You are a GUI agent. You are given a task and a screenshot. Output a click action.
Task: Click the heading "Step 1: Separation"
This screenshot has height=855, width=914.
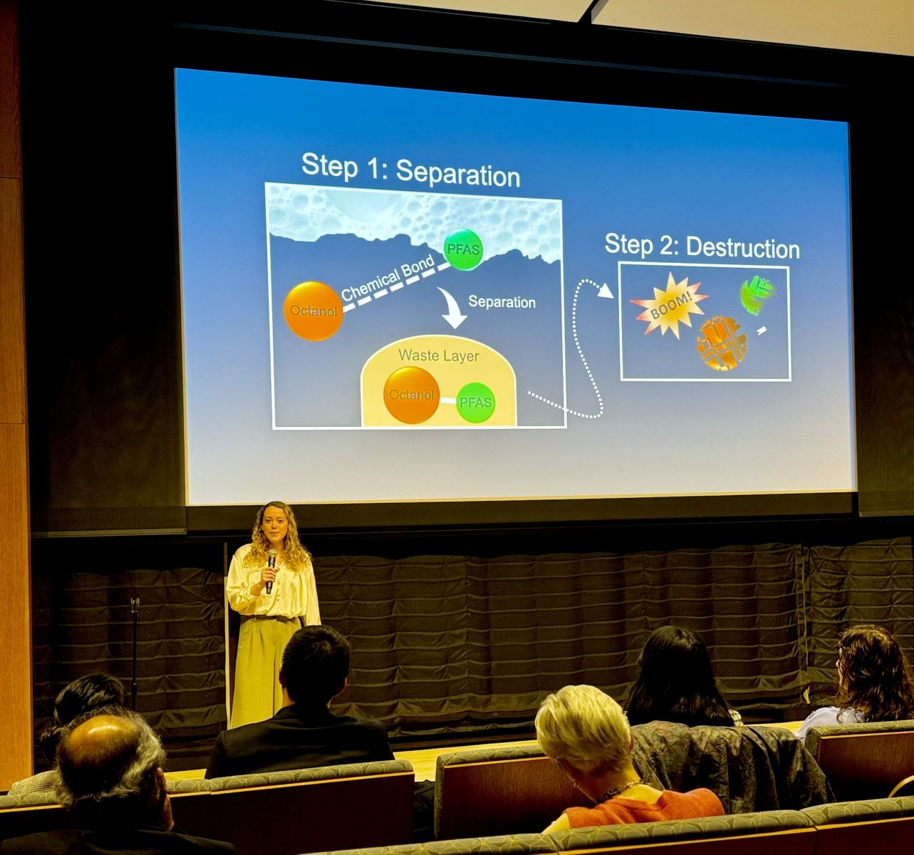410,170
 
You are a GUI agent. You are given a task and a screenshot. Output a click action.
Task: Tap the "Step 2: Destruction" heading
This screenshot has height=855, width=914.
702,247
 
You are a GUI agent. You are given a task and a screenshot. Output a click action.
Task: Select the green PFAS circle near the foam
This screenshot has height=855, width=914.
463,249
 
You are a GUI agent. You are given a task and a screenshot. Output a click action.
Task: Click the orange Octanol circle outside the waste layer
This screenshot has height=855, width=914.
313,311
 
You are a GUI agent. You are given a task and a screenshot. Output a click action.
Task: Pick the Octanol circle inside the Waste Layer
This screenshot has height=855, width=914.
412,395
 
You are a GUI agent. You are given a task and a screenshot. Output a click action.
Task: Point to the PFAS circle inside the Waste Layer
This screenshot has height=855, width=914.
476,403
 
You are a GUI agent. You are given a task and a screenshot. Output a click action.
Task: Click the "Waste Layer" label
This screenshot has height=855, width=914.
439,356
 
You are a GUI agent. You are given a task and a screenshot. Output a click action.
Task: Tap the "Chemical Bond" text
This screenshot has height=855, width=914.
388,278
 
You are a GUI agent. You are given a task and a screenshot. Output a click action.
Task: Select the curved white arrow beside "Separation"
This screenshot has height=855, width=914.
451,308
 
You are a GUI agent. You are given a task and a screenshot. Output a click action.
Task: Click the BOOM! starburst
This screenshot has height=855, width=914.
669,306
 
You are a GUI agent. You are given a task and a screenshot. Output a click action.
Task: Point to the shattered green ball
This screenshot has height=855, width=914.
757,295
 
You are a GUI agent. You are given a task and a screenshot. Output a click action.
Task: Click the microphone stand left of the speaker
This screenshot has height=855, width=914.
134,654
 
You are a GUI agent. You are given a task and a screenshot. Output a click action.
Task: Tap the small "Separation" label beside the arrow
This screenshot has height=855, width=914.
502,302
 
